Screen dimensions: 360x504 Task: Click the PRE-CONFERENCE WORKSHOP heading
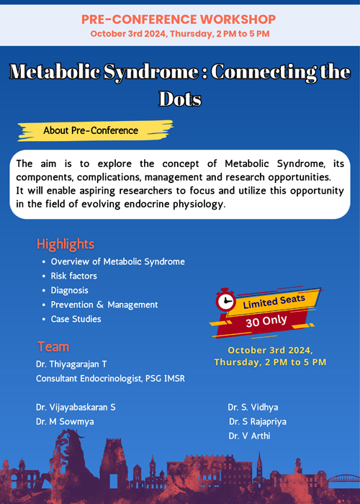[x=179, y=19]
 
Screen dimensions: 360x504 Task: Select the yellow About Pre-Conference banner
[x=96, y=130]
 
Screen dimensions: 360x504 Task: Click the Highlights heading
[x=66, y=244]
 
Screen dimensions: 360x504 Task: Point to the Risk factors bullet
[x=73, y=276]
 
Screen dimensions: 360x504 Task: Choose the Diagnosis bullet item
[x=69, y=290]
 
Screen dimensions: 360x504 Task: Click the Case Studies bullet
[x=76, y=319]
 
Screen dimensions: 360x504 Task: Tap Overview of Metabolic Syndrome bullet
[x=117, y=261]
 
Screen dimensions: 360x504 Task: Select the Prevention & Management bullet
[x=104, y=305]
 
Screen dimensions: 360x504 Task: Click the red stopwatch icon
[x=225, y=300]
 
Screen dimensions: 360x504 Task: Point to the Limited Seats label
[x=274, y=302]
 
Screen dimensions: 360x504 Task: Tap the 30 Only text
[x=266, y=321]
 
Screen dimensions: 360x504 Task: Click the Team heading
[x=53, y=347]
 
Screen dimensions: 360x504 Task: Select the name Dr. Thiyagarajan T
[x=71, y=364]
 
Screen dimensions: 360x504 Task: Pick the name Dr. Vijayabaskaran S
[x=76, y=408]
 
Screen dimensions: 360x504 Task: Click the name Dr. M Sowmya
[x=65, y=421]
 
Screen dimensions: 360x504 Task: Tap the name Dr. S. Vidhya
[x=253, y=408]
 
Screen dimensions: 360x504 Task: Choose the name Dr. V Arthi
[x=249, y=436]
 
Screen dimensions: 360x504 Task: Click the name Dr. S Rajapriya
[x=258, y=421]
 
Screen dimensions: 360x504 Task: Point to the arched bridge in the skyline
[x=343, y=478]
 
